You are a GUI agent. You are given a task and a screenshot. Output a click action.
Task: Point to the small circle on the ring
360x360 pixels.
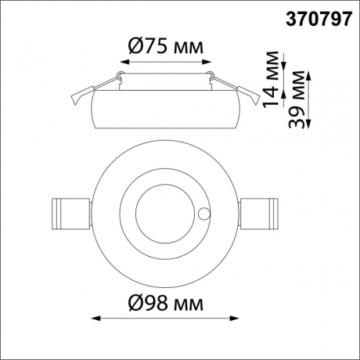[206, 212]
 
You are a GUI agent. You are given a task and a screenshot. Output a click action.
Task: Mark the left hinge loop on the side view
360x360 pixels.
[120, 75]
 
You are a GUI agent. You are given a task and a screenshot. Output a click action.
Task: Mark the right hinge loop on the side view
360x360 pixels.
[209, 75]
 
